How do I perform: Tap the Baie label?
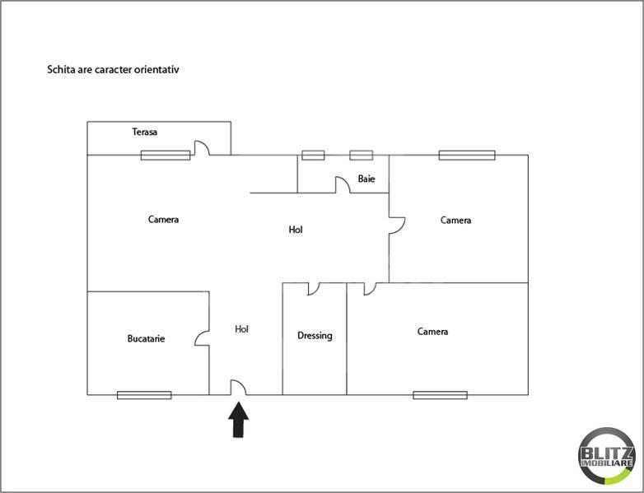point(367,179)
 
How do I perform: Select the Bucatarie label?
point(146,338)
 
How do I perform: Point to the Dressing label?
point(315,336)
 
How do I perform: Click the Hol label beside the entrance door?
point(241,329)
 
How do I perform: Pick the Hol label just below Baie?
point(296,230)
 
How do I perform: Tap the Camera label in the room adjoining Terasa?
point(163,220)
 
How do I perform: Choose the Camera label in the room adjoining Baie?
point(455,220)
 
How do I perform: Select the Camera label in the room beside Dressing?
point(432,332)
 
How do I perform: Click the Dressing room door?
point(314,289)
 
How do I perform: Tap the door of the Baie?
point(343,185)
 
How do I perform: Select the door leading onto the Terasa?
point(201,148)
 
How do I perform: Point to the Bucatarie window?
point(144,395)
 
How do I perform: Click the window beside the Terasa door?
point(166,155)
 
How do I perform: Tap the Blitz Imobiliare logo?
point(607,455)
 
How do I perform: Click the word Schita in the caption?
point(60,70)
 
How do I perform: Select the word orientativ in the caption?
point(156,70)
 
